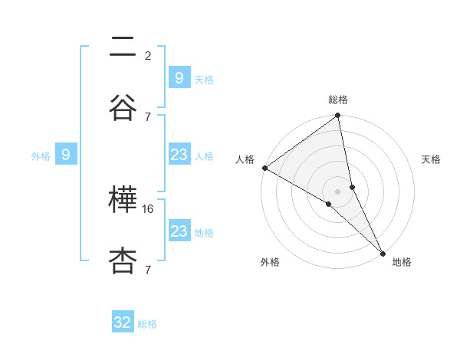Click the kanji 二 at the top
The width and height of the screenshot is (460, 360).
(123, 48)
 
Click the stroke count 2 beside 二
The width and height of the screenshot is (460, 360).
(148, 56)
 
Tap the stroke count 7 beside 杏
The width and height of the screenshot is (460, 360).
(147, 270)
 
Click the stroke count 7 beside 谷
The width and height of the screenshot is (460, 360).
(147, 116)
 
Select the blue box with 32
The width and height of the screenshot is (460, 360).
(123, 322)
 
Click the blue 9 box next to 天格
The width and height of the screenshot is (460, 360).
(179, 78)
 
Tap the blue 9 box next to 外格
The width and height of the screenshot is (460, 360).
(66, 155)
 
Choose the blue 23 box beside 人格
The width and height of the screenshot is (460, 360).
(179, 155)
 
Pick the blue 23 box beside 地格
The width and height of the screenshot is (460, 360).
(179, 231)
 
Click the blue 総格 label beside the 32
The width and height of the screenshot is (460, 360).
(147, 323)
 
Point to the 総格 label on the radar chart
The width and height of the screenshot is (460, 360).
(338, 100)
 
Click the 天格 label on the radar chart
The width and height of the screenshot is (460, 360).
(432, 159)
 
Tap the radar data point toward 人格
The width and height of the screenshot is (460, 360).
(264, 168)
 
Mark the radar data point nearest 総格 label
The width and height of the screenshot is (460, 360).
(338, 116)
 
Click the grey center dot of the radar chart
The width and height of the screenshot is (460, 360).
(338, 191)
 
